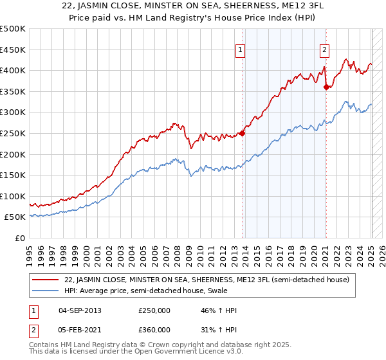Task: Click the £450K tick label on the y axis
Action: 13,50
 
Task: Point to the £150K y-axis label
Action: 13,175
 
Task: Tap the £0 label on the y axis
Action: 20,238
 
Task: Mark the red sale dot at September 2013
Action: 243,134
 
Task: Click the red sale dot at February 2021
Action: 326,87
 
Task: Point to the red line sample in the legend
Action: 46,280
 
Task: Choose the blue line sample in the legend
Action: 46,291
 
